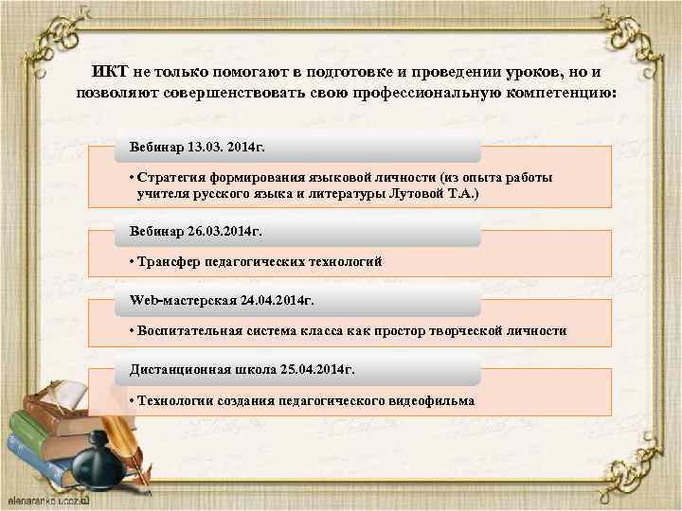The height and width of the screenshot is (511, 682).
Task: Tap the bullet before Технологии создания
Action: (131, 399)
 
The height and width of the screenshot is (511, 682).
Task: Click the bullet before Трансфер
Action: (131, 261)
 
